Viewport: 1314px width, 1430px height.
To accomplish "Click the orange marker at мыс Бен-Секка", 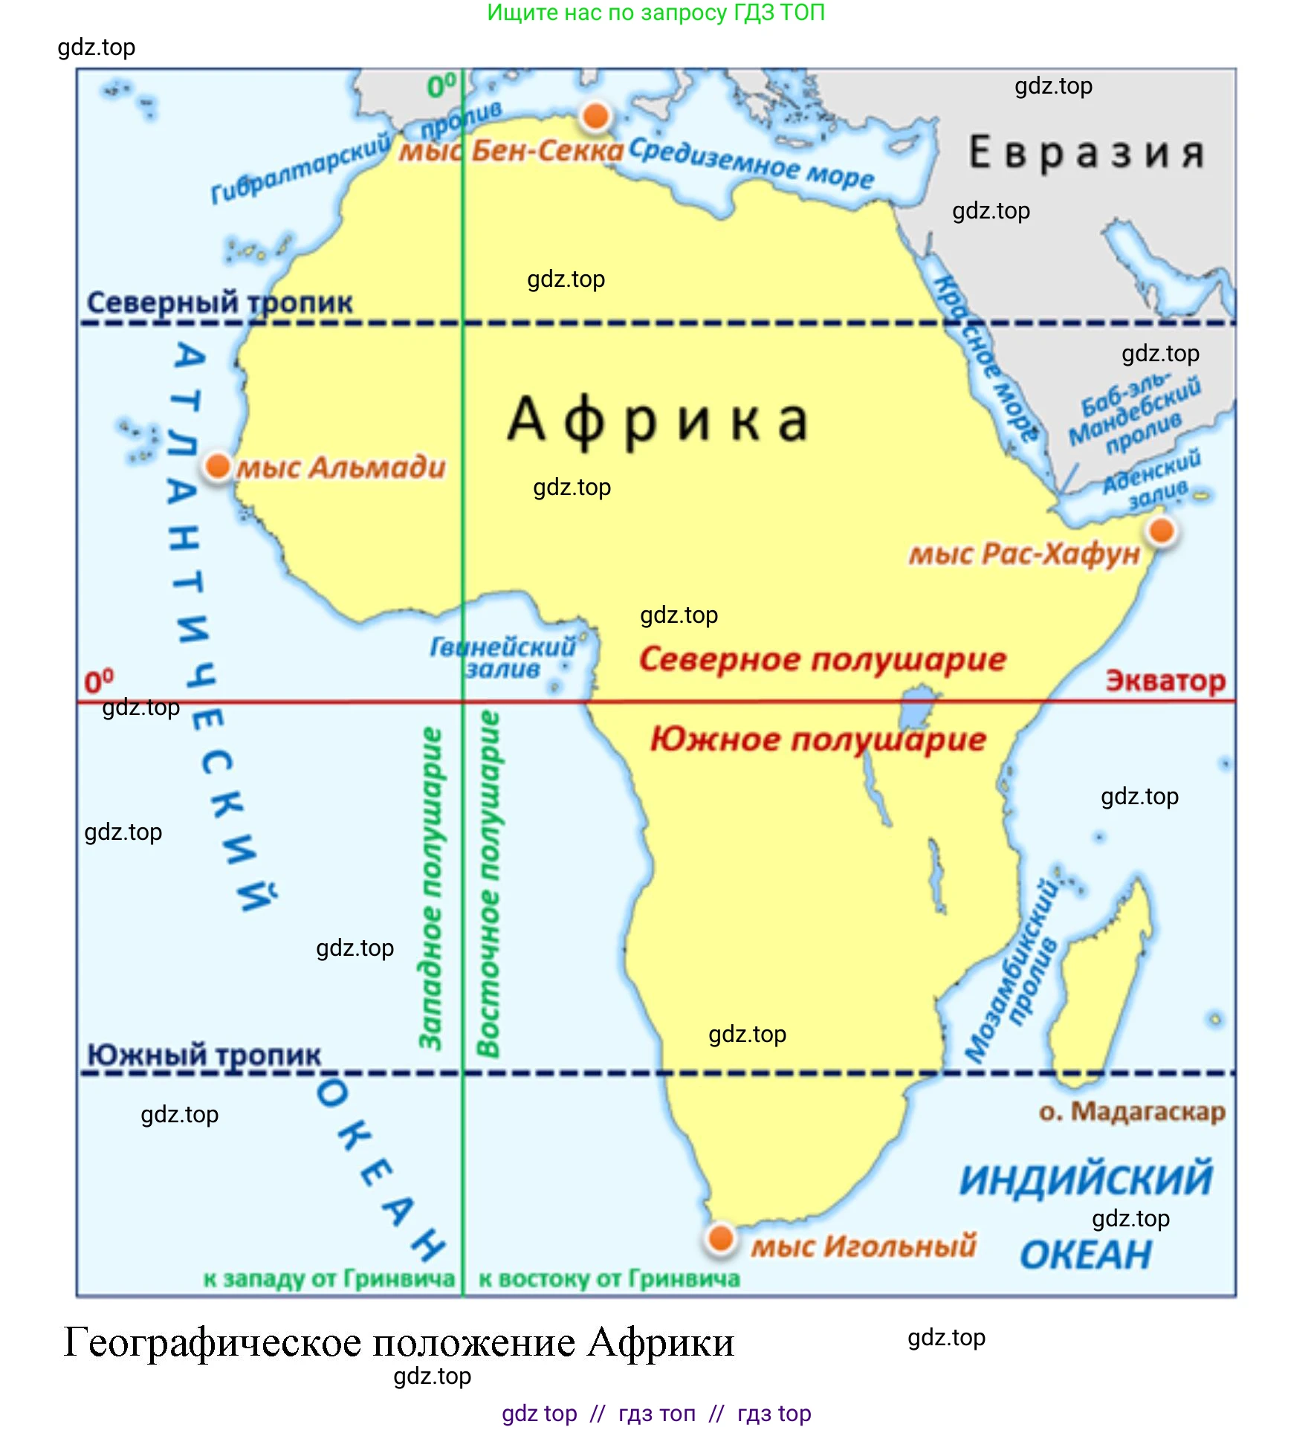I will pos(595,116).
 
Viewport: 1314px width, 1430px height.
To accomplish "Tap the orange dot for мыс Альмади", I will pos(218,466).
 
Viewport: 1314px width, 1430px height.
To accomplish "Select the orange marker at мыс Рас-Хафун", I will pos(1161,531).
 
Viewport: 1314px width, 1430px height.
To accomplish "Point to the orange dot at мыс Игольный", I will pos(720,1238).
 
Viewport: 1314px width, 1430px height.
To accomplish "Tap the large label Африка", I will pos(658,420).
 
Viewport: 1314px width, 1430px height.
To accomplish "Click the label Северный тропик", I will pos(219,302).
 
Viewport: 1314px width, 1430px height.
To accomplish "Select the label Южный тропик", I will pos(204,1055).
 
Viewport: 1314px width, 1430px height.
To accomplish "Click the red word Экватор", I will pos(1165,681).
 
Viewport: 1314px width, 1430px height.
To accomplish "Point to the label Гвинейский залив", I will pos(503,657).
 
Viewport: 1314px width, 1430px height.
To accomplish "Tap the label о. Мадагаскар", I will pos(1131,1112).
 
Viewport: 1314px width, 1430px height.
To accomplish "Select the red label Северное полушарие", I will pos(822,659).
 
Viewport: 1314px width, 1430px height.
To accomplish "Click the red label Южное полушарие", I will pos(818,740).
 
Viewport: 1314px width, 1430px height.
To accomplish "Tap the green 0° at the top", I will pos(441,86).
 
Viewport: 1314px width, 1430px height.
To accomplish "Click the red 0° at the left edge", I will pos(99,682).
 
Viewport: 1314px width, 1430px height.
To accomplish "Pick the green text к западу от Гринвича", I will pos(328,1279).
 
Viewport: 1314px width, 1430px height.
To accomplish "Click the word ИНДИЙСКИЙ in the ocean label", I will pos(1085,1180).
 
